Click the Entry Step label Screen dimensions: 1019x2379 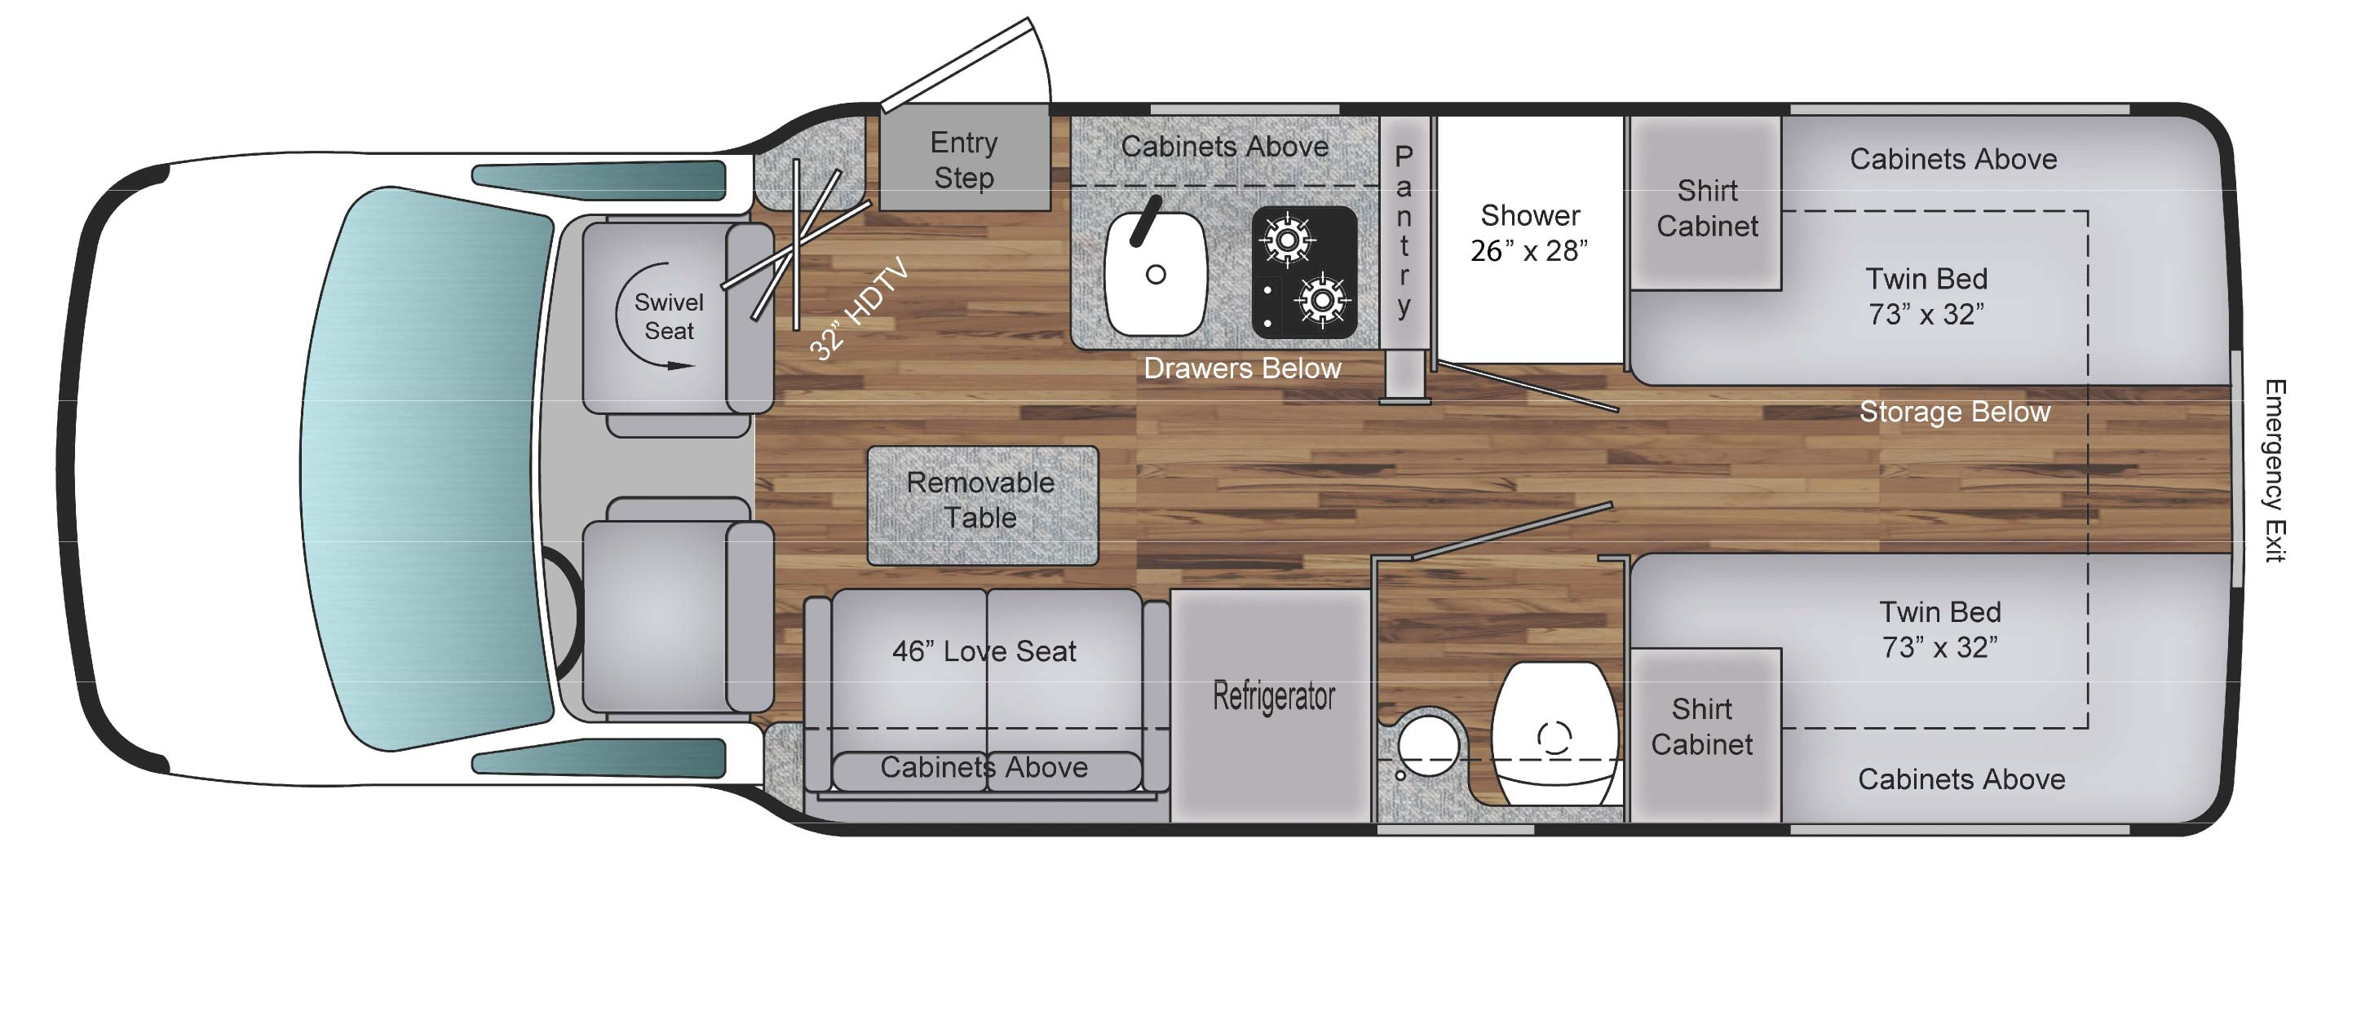(963, 160)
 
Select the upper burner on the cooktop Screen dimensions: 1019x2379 (1286, 240)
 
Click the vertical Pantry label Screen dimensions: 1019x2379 (1403, 231)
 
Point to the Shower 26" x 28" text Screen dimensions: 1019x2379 (1529, 232)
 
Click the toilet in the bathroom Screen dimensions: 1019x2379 (1554, 734)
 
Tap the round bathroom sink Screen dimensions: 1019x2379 (1428, 746)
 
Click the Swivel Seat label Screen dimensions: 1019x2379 (669, 316)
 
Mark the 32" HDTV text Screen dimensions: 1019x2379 (859, 310)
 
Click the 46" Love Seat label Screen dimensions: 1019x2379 (984, 651)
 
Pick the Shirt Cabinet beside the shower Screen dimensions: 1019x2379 (1707, 209)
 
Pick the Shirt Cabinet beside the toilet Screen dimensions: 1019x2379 (1701, 727)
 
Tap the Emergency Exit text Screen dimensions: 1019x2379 (2274, 470)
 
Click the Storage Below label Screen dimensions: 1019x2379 (1954, 412)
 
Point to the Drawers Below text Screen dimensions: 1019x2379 (1241, 368)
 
